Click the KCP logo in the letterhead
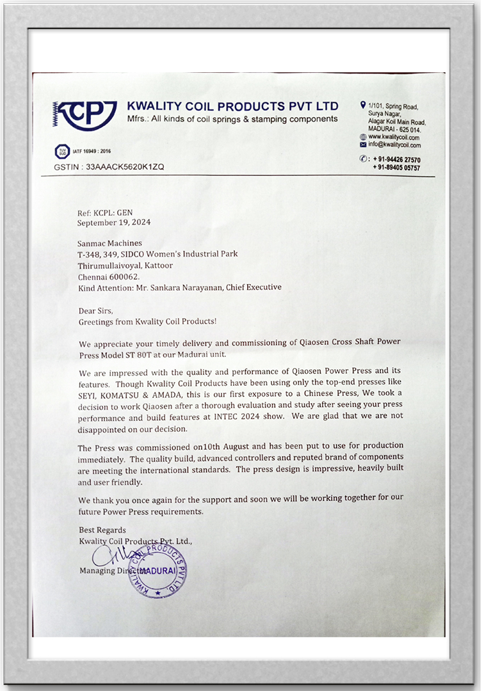pos(84,116)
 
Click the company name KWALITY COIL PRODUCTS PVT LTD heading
pos(232,106)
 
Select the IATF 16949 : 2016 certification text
pos(91,152)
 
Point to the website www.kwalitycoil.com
pos(394,137)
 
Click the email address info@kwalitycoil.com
pos(394,145)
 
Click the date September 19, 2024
pos(114,223)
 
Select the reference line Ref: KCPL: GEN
pos(105,213)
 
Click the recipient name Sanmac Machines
pos(110,243)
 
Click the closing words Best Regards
pos(102,530)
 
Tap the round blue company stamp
pos(157,569)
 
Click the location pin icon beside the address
pos(363,104)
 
